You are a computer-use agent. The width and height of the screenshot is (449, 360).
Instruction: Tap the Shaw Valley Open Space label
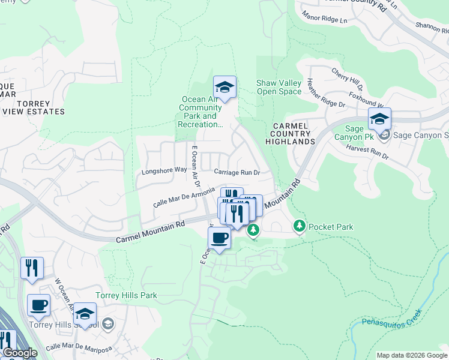click(279, 87)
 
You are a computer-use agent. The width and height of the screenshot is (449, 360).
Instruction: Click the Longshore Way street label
click(164, 171)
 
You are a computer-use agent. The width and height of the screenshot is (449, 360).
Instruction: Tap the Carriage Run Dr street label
click(237, 172)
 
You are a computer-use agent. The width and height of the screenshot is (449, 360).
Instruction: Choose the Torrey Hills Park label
click(126, 296)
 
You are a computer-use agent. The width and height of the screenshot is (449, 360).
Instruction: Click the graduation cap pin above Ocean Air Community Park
click(224, 88)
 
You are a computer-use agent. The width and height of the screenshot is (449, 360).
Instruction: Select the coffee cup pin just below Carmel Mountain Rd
click(220, 238)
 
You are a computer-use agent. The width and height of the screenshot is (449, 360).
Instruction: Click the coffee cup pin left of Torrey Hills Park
click(39, 305)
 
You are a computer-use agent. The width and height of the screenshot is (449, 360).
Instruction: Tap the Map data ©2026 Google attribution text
click(412, 355)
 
